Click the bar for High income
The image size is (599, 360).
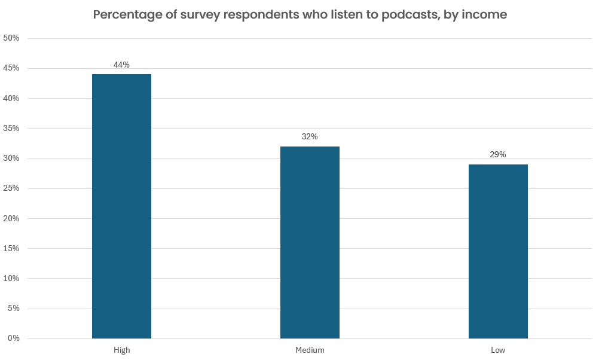(x=121, y=206)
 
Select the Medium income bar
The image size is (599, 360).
(x=310, y=242)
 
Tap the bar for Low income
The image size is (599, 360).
(x=498, y=251)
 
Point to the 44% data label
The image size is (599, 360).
(x=121, y=65)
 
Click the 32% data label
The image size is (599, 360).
(x=310, y=136)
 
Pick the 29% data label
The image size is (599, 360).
(x=498, y=154)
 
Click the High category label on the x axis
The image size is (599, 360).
(x=121, y=350)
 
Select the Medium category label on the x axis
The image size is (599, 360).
(x=310, y=350)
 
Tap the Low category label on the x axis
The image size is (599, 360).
(x=498, y=350)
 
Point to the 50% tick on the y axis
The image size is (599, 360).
(x=11, y=38)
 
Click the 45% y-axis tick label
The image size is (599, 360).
(x=11, y=68)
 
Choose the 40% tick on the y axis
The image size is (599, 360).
(x=11, y=98)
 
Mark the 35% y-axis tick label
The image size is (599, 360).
(x=11, y=128)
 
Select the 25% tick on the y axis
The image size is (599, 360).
(x=11, y=188)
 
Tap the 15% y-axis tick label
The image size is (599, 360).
(x=11, y=248)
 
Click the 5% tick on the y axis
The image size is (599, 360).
(x=13, y=309)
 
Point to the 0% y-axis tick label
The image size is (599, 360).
(x=13, y=338)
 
